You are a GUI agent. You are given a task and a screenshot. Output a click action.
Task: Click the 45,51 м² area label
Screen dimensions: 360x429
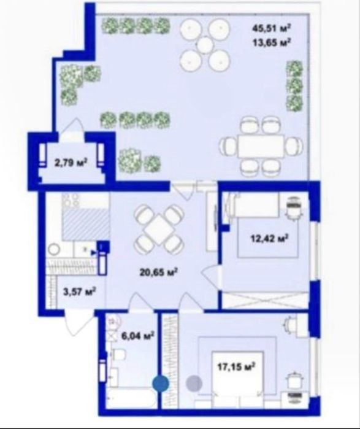[x=271, y=28]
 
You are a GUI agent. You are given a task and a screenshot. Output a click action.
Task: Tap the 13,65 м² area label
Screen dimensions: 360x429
[x=271, y=43]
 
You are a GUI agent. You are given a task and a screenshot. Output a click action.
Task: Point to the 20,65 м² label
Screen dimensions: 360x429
[x=159, y=272]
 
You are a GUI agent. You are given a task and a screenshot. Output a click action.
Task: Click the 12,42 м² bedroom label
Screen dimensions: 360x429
[x=270, y=238]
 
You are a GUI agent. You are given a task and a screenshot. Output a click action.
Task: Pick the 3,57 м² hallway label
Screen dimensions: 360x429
[x=79, y=291]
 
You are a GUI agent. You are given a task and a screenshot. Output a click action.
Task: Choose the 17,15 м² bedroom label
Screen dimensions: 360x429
[x=236, y=366]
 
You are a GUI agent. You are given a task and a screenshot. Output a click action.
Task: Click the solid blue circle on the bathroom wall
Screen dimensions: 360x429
[x=160, y=384]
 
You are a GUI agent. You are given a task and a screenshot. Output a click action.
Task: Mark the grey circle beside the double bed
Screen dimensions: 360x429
[x=194, y=383]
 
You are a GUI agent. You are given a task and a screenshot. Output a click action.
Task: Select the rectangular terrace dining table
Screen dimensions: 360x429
[x=261, y=146]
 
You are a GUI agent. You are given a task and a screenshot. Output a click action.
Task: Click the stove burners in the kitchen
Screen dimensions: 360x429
[x=71, y=200]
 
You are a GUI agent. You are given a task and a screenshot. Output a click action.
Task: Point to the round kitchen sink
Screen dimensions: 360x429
[x=54, y=250]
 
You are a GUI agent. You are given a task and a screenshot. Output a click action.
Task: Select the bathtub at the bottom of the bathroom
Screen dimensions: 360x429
[x=131, y=398]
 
